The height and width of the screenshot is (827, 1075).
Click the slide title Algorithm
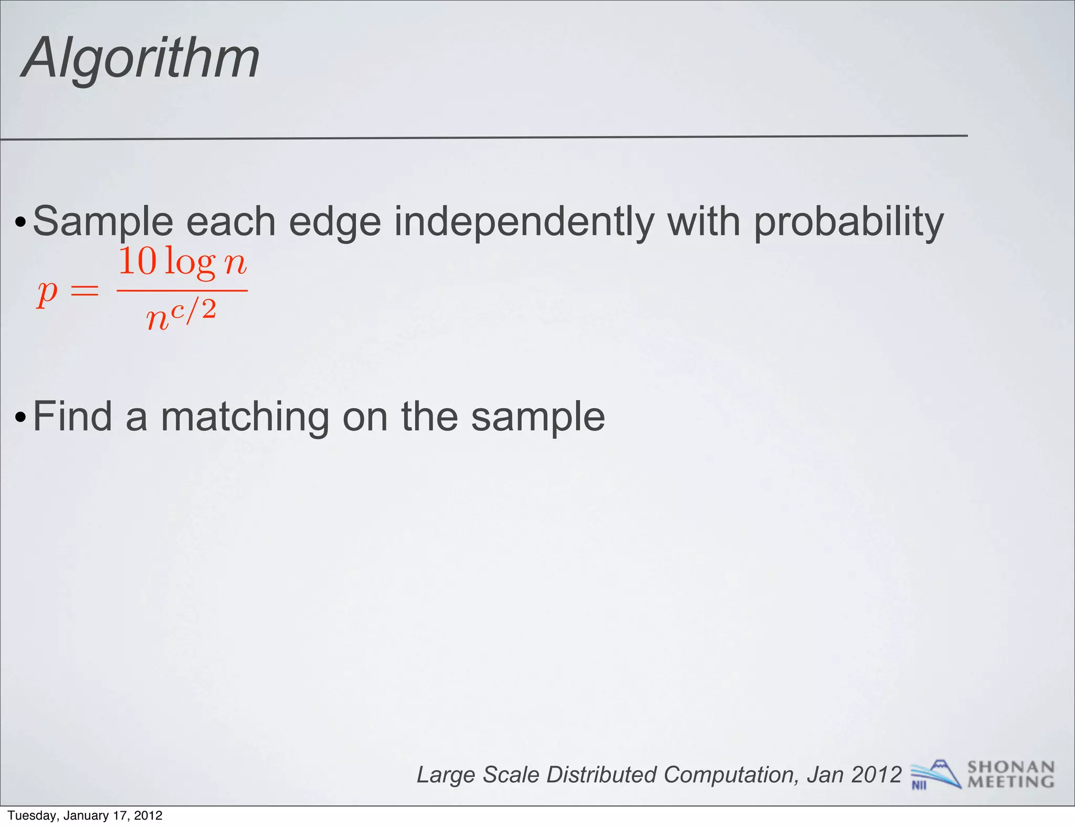tap(141, 58)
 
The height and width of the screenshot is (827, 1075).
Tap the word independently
tap(524, 222)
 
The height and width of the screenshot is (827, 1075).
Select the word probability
tap(848, 222)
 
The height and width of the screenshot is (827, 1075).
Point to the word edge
tap(334, 222)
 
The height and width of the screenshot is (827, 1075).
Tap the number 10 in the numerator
tap(138, 261)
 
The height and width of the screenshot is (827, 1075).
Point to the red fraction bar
tap(182, 290)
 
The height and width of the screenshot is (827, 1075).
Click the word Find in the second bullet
tap(72, 417)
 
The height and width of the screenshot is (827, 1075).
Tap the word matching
tap(244, 417)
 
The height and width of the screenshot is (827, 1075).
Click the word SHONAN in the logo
tap(1010, 767)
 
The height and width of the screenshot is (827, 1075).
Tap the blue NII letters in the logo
tap(919, 785)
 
